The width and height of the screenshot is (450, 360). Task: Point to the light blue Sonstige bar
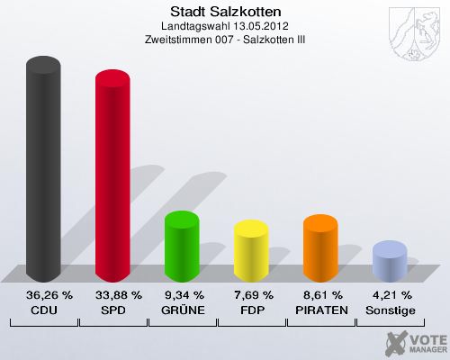pos(390,261)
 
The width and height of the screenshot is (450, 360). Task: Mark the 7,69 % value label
pos(251,294)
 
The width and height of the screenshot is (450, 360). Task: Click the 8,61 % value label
pos(320,294)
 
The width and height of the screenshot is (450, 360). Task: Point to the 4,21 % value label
pos(390,294)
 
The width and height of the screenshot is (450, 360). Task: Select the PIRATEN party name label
pos(320,310)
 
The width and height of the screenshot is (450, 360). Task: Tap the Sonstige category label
pos(390,310)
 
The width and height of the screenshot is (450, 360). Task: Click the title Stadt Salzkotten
pos(225,12)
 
